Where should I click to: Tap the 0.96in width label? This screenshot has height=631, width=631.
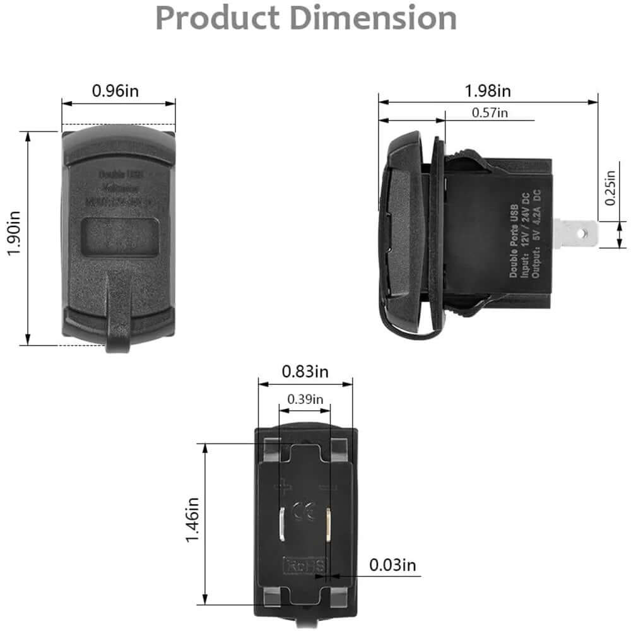pyautogui.click(x=115, y=90)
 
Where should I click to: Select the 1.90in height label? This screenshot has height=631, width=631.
pyautogui.click(x=14, y=238)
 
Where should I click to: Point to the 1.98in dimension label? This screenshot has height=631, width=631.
pyautogui.click(x=488, y=91)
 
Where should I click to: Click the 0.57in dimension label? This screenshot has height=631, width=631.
pyautogui.click(x=490, y=113)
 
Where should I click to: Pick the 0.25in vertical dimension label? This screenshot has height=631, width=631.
pyautogui.click(x=610, y=188)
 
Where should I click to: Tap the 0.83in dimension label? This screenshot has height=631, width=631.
pyautogui.click(x=305, y=372)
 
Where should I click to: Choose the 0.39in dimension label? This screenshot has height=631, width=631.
pyautogui.click(x=305, y=399)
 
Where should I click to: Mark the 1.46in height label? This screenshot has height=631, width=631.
pyautogui.click(x=193, y=521)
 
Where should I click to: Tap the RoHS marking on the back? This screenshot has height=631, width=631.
pyautogui.click(x=305, y=564)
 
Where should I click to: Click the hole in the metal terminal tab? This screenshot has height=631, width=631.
pyautogui.click(x=587, y=234)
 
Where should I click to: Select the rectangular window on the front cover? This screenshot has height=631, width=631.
pyautogui.click(x=120, y=237)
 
